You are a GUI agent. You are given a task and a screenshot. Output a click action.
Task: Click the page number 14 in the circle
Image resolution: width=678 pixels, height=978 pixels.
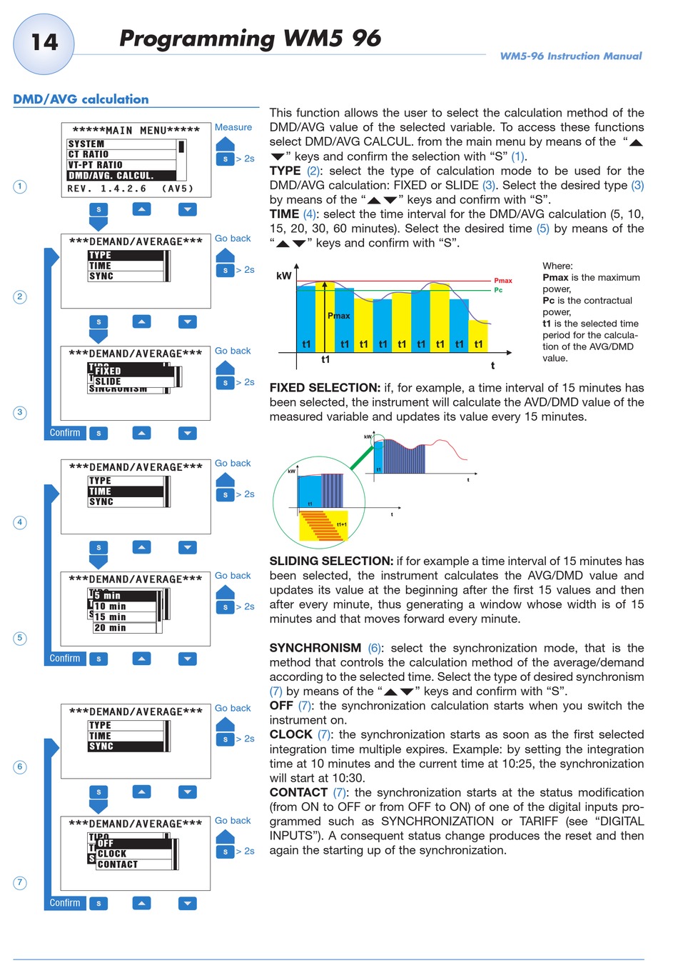pyautogui.click(x=44, y=43)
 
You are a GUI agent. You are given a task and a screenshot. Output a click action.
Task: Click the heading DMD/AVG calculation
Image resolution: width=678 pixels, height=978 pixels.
pyautogui.click(x=81, y=99)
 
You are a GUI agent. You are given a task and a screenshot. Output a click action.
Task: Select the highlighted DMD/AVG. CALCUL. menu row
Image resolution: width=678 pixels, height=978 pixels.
pyautogui.click(x=111, y=175)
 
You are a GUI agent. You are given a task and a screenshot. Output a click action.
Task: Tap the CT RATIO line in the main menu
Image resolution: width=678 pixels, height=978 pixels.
pyautogui.click(x=89, y=154)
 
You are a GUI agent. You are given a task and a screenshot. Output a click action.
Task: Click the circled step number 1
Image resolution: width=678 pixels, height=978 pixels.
pyautogui.click(x=20, y=186)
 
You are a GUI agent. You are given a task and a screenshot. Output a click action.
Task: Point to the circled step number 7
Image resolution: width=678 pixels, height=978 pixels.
pyautogui.click(x=20, y=883)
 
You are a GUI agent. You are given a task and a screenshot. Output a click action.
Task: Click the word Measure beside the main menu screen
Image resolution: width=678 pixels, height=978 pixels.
pyautogui.click(x=233, y=127)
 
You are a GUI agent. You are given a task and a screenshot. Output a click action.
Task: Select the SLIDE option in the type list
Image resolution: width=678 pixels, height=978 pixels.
pyautogui.click(x=108, y=381)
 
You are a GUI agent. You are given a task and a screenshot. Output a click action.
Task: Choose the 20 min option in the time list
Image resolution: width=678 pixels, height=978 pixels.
pyautogui.click(x=110, y=628)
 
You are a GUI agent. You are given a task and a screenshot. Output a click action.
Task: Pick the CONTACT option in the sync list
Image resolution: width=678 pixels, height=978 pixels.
pyautogui.click(x=118, y=864)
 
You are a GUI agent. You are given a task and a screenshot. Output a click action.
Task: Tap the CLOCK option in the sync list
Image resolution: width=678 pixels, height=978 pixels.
pyautogui.click(x=112, y=854)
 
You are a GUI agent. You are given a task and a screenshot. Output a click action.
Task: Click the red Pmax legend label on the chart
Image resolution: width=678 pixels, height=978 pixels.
pyautogui.click(x=503, y=281)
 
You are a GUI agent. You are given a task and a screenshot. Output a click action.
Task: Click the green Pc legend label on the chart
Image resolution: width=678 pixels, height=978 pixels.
pyautogui.click(x=498, y=290)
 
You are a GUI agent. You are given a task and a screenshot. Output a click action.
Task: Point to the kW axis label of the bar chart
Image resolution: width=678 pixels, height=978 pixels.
pyautogui.click(x=283, y=276)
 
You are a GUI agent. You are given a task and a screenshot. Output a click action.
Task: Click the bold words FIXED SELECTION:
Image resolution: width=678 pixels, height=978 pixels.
pyautogui.click(x=325, y=388)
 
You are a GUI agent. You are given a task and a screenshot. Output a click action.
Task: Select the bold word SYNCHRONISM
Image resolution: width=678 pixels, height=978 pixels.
pyautogui.click(x=315, y=648)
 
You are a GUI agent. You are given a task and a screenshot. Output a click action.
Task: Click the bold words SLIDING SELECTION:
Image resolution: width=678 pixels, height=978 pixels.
pyautogui.click(x=331, y=562)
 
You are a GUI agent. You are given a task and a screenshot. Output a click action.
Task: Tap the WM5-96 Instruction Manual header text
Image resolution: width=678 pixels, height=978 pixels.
pyautogui.click(x=570, y=56)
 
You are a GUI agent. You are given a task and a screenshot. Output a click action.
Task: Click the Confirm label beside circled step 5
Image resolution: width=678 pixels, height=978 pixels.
pyautogui.click(x=65, y=658)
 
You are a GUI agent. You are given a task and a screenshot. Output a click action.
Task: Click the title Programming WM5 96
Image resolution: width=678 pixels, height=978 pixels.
pyautogui.click(x=250, y=39)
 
